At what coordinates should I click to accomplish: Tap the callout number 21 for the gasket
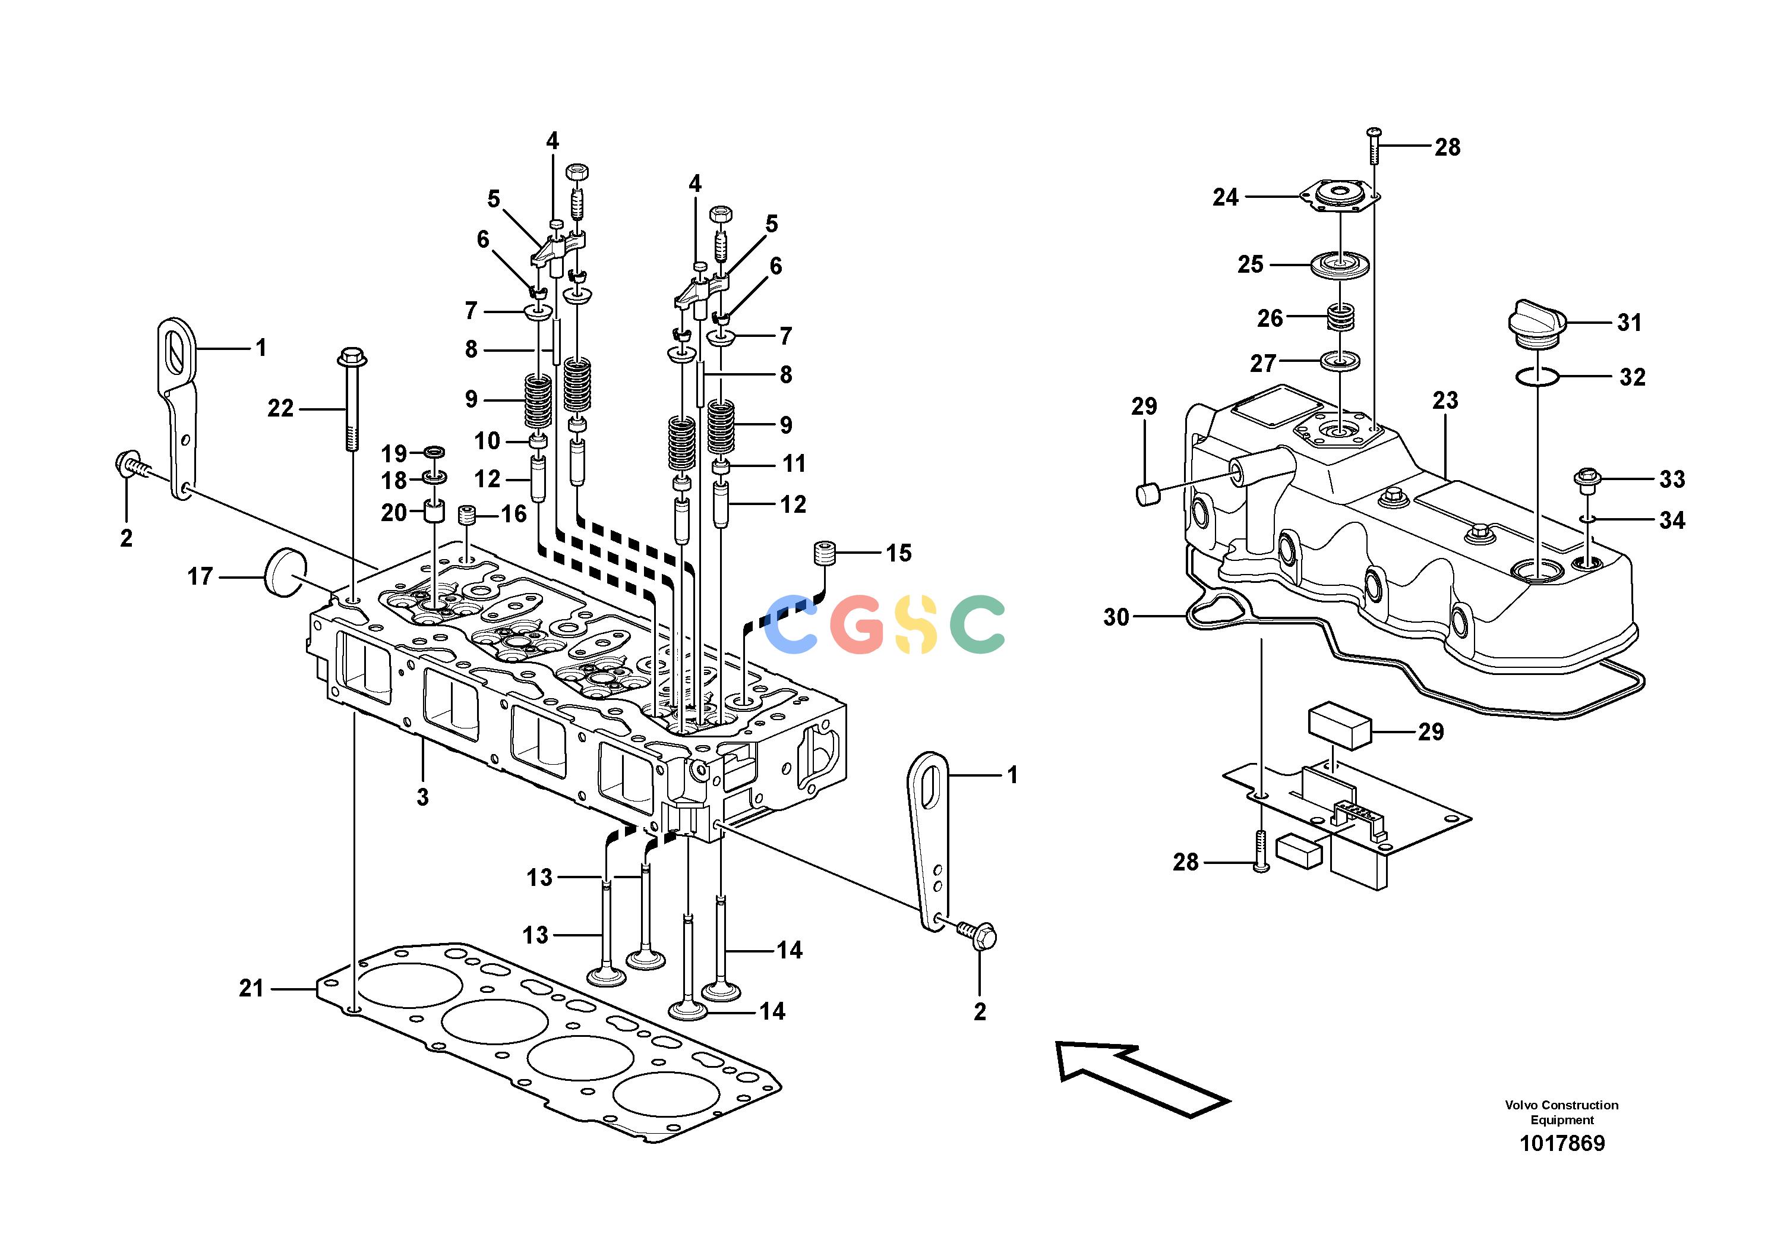tap(251, 988)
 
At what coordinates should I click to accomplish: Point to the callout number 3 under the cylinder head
tap(422, 797)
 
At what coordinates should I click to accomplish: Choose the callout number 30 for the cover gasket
tap(1116, 617)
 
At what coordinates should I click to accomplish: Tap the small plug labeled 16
tap(465, 515)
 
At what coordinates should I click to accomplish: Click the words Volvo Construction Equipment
tap(1562, 1112)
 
